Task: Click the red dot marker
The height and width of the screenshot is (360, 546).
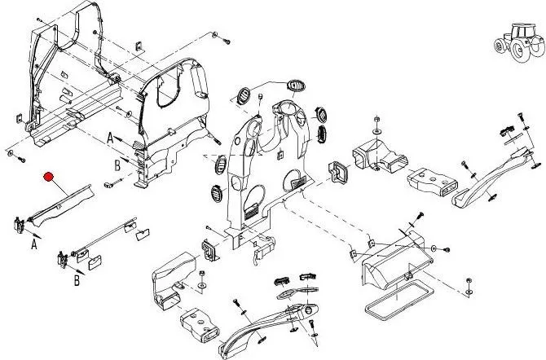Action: click(49, 177)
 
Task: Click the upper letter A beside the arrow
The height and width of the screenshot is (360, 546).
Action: click(110, 139)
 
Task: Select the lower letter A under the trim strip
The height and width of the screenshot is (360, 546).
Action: click(35, 243)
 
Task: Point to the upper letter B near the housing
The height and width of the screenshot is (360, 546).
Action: click(117, 165)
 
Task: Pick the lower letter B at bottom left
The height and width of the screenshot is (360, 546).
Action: click(77, 281)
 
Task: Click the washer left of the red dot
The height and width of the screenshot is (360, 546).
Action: click(10, 153)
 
